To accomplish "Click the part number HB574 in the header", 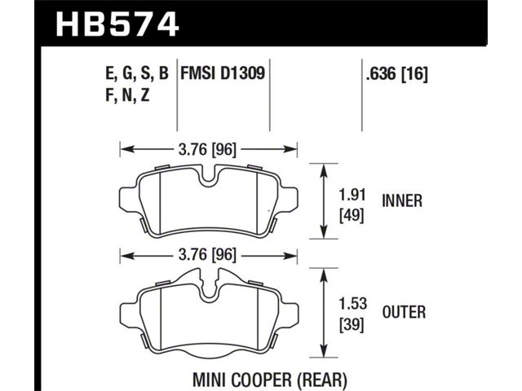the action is tap(117, 24).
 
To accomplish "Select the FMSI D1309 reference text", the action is tap(223, 73).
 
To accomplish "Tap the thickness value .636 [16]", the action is tap(396, 74).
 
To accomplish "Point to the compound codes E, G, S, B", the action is tap(137, 73).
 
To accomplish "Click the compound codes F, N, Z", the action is tap(127, 95).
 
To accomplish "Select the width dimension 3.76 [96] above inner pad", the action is tap(207, 150).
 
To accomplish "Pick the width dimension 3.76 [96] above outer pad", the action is tap(207, 255).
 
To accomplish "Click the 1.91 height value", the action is tap(352, 195).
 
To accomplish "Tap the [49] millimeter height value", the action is tap(352, 216).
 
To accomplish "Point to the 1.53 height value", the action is tap(353, 304).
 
